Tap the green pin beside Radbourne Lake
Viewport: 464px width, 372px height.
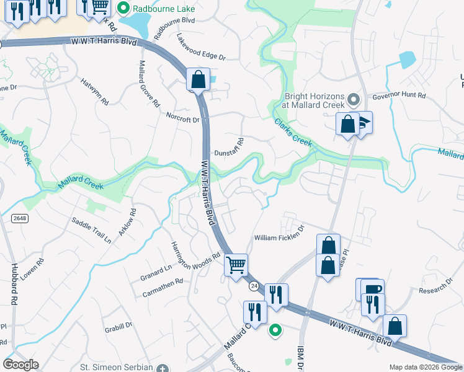(123, 9)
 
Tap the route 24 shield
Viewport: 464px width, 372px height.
(254, 286)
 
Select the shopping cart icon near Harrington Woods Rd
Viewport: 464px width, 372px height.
(236, 265)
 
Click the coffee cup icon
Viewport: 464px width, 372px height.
(373, 289)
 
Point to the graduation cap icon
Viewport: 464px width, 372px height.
(364, 121)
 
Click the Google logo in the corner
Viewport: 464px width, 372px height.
(21, 365)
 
